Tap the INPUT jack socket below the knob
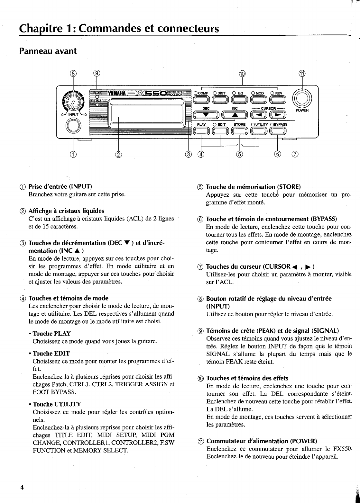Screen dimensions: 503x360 pyautogui.click(x=73, y=126)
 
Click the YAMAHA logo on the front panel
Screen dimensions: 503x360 pyautogui.click(x=118, y=94)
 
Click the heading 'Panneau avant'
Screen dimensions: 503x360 pyautogui.click(x=48, y=51)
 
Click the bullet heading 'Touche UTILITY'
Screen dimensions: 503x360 pyautogui.click(x=57, y=404)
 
